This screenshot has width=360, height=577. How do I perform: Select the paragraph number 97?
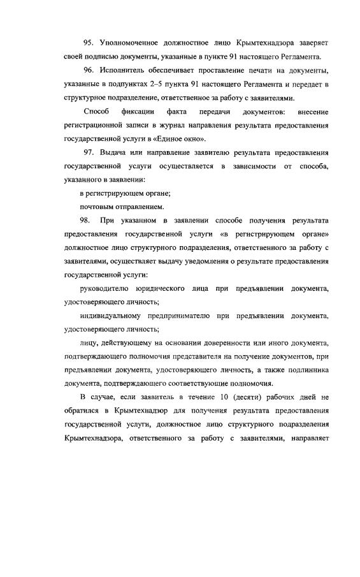pyautogui.click(x=89, y=153)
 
